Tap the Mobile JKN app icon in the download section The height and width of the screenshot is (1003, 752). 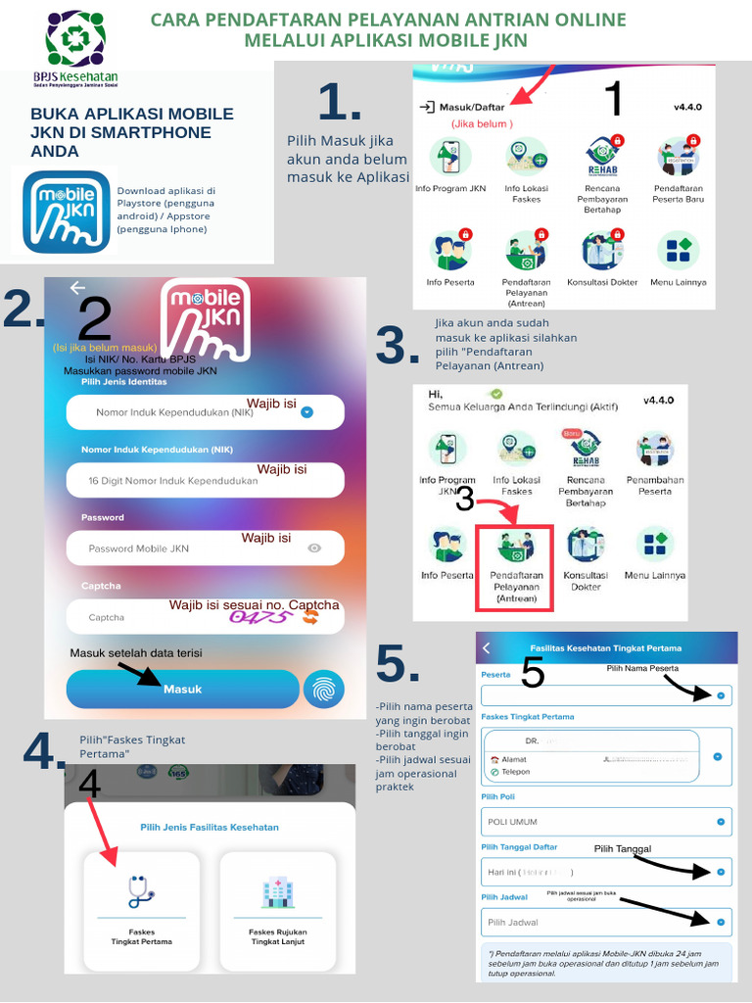click(x=66, y=213)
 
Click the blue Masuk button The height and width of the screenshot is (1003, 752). click(x=182, y=689)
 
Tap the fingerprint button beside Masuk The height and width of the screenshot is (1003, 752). click(x=323, y=689)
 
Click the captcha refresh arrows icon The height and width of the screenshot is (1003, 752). click(x=310, y=617)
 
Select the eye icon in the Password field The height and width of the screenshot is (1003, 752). click(x=314, y=549)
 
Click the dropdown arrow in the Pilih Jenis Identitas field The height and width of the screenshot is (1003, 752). click(x=306, y=412)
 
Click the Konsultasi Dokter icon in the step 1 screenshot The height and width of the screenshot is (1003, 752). click(x=602, y=252)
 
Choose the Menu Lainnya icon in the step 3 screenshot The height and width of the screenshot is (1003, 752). click(x=655, y=545)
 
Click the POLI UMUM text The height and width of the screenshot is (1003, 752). click(x=512, y=822)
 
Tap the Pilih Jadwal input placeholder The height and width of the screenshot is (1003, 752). click(x=513, y=923)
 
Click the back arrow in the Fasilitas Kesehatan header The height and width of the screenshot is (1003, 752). click(x=487, y=647)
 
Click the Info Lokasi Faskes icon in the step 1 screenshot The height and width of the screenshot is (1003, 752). click(x=526, y=157)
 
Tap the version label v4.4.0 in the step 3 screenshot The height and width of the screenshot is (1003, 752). click(x=664, y=401)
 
